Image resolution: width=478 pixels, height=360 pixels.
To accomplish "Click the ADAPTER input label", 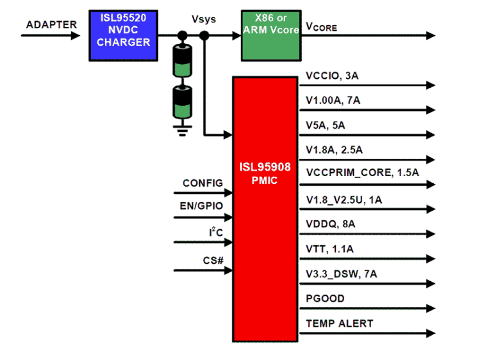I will coord(51,25).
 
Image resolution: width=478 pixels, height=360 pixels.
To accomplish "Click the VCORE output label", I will coord(322,28).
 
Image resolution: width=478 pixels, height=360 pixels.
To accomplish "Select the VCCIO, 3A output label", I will coord(332,76).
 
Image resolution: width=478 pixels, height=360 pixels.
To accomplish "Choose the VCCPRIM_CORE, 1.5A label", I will coord(362,172).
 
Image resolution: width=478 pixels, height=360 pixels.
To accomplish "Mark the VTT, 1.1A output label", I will coord(330,248).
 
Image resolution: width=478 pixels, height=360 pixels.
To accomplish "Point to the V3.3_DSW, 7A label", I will coord(342,274).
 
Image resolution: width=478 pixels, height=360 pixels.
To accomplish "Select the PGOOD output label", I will coord(325,299).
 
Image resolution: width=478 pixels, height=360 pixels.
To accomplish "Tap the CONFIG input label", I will coord(202,183).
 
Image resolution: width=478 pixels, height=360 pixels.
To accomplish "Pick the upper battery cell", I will coord(183,61).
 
